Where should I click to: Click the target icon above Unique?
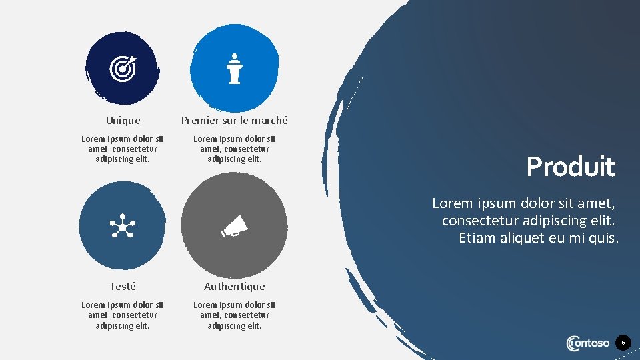tap(122, 67)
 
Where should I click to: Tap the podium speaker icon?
tap(234, 69)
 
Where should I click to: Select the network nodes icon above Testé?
tap(122, 228)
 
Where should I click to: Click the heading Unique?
tap(123, 121)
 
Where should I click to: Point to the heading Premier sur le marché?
tap(235, 121)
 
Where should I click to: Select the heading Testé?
tap(123, 287)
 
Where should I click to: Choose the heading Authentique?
tap(235, 287)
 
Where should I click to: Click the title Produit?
tap(571, 167)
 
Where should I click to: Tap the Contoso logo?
tap(587, 343)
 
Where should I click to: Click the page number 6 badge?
tap(623, 343)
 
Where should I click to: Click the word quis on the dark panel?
tap(604, 238)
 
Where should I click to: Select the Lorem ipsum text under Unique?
tap(123, 149)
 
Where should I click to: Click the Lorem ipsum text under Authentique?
tap(235, 315)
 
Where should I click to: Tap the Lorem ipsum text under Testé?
tap(123, 315)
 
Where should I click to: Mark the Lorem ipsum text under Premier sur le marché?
tap(235, 149)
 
